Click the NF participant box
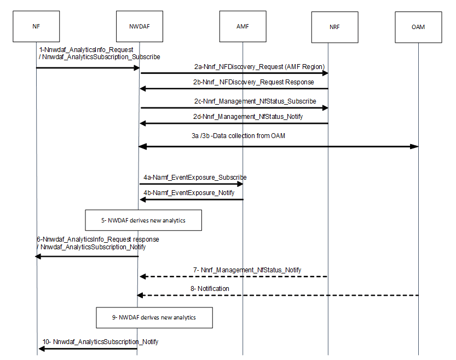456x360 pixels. [x=36, y=26]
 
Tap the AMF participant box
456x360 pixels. [x=243, y=26]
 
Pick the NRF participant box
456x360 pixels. [x=333, y=26]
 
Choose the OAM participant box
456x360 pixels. [x=418, y=26]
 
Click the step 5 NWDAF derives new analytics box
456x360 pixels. [x=143, y=220]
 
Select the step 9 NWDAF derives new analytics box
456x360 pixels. [x=154, y=317]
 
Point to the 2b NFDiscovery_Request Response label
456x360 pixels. [x=253, y=82]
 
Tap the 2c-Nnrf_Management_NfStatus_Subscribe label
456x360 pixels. [x=255, y=101]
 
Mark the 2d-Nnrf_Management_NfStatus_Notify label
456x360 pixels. [x=249, y=117]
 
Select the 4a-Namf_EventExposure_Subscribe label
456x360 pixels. [x=195, y=178]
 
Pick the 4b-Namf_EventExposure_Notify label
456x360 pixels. [x=189, y=193]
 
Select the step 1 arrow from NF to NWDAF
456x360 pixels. [x=88, y=67]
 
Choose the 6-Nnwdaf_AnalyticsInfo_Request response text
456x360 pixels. [x=97, y=239]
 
